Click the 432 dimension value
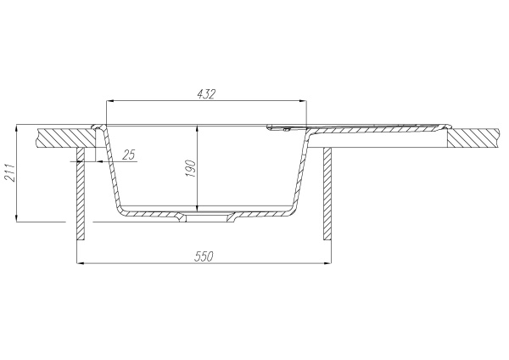[x=206, y=94]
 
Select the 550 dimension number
[x=204, y=256]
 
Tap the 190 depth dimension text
[x=191, y=168]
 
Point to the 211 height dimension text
[x=9, y=172]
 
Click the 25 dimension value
[x=129, y=155]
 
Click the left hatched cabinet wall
[x=81, y=194]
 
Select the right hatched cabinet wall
[x=327, y=194]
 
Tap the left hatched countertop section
[x=66, y=138]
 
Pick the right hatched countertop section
[x=473, y=138]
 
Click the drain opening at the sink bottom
[x=208, y=217]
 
